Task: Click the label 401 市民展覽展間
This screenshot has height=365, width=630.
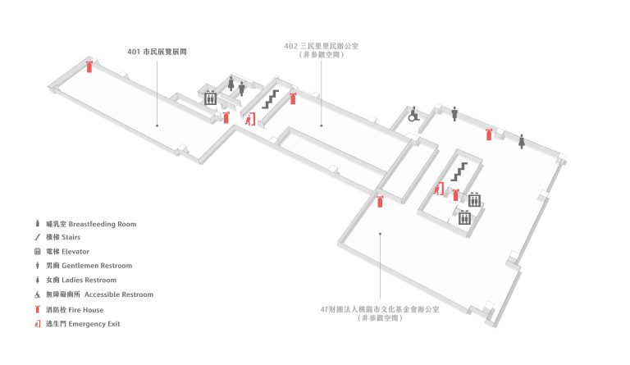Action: (x=157, y=52)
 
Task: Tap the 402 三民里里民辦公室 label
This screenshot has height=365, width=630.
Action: (x=322, y=46)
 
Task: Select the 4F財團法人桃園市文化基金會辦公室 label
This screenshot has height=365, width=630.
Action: (x=380, y=309)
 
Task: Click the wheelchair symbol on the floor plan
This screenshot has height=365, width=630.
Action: (x=413, y=115)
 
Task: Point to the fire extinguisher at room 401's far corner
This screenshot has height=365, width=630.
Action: (x=89, y=66)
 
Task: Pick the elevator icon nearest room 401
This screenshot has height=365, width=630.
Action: (x=211, y=98)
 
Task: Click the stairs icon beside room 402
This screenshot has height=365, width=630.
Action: (x=271, y=99)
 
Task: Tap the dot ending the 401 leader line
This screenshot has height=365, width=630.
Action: (x=157, y=125)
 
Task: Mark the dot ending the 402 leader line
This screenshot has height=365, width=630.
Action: (x=322, y=125)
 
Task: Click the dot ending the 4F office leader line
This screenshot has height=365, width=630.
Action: (x=380, y=233)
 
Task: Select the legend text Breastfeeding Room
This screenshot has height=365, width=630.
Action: (x=103, y=224)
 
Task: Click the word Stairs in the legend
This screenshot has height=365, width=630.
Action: (x=71, y=237)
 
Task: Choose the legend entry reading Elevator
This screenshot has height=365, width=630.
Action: (x=75, y=252)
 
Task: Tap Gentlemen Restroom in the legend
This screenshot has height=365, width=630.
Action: (x=97, y=266)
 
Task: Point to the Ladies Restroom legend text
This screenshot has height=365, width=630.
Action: (x=89, y=281)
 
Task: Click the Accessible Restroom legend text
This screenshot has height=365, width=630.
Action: (x=119, y=294)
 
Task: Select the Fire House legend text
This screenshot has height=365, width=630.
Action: (x=86, y=310)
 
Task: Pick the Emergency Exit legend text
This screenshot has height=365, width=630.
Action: (x=94, y=324)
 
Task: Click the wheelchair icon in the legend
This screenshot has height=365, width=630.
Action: (x=38, y=294)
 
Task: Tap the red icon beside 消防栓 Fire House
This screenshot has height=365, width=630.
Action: (x=38, y=309)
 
